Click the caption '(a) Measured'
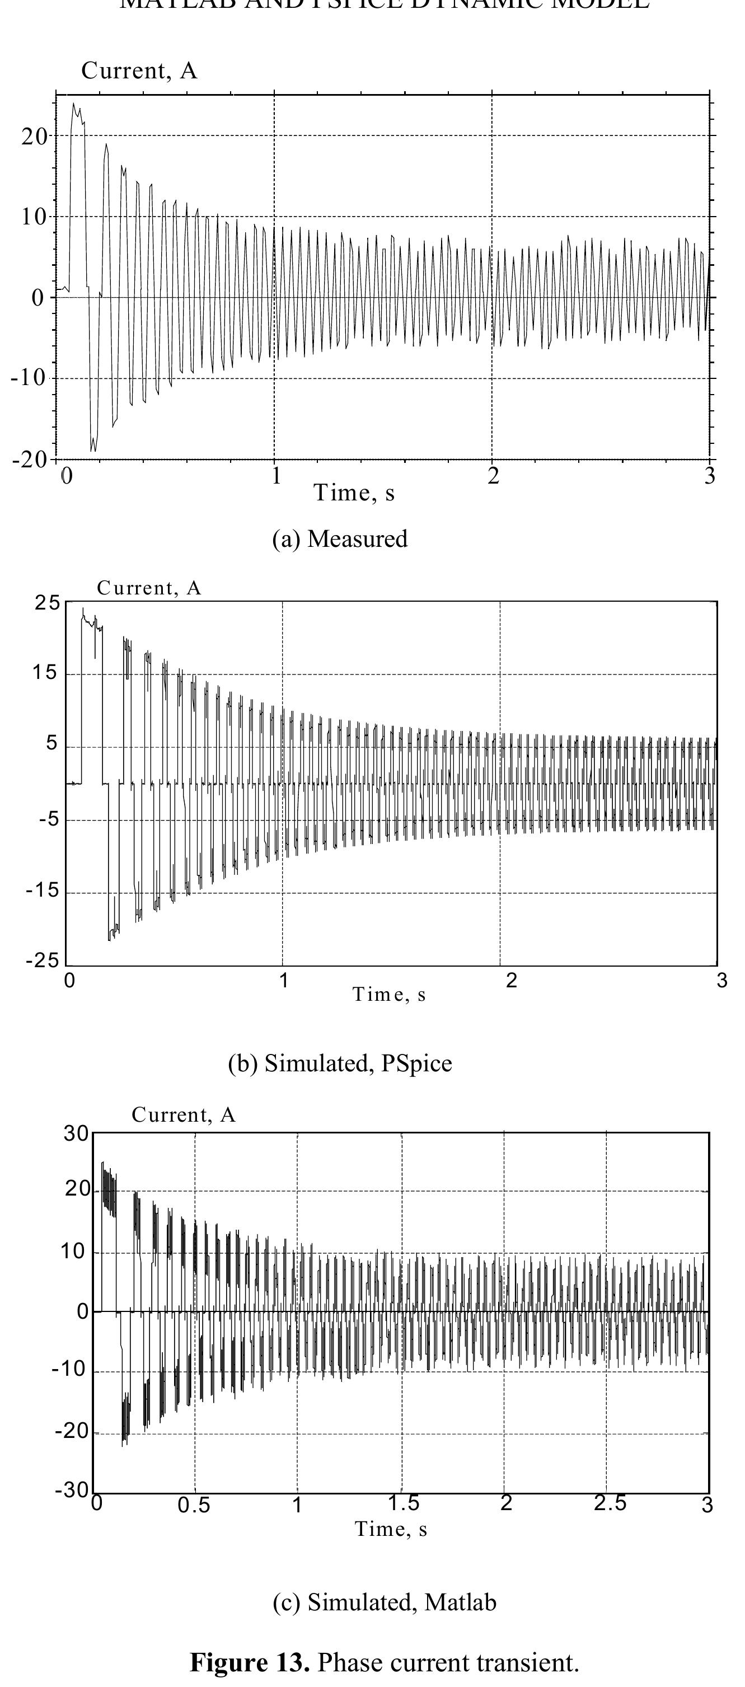pyautogui.click(x=340, y=538)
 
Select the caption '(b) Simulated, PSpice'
pyautogui.click(x=340, y=1062)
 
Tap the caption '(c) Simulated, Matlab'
pyautogui.click(x=385, y=1602)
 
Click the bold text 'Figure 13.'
pyautogui.click(x=250, y=1662)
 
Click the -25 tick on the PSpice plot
pyautogui.click(x=42, y=960)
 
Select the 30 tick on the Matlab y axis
pyautogui.click(x=76, y=1133)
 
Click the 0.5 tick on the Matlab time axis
pyautogui.click(x=194, y=1506)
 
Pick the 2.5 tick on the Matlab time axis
pyautogui.click(x=610, y=1503)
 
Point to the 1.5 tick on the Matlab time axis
pyautogui.click(x=403, y=1503)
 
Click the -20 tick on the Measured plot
pyautogui.click(x=30, y=460)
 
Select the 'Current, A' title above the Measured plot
pyautogui.click(x=139, y=71)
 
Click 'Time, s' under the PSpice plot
pyautogui.click(x=390, y=994)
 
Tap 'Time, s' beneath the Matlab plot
pyautogui.click(x=391, y=1529)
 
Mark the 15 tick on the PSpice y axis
pyautogui.click(x=45, y=673)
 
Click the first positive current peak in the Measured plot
pyautogui.click(x=73, y=104)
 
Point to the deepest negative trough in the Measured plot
pyautogui.click(x=93, y=451)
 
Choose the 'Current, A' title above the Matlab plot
pyautogui.click(x=183, y=1114)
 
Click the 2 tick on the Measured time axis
pyautogui.click(x=493, y=477)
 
